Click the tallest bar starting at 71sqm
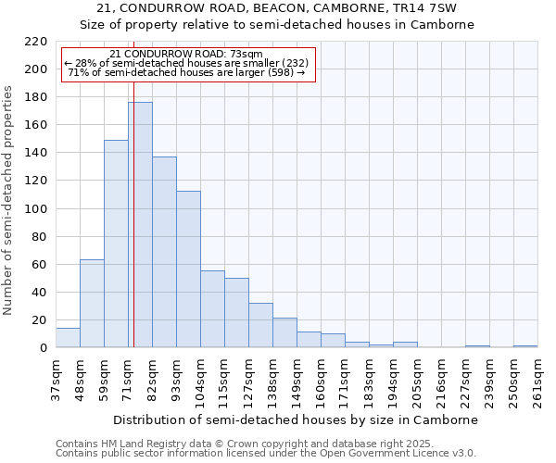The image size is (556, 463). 140,225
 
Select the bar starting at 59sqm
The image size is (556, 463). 116,244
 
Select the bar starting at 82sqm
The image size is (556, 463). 164,252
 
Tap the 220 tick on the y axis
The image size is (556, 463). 36,42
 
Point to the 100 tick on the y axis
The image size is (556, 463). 36,209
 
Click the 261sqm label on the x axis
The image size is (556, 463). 537,380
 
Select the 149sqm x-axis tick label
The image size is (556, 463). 297,380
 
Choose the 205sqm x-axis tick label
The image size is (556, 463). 417,380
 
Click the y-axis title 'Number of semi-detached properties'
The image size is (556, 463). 9,200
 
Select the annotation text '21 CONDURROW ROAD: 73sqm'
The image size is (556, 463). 185,54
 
